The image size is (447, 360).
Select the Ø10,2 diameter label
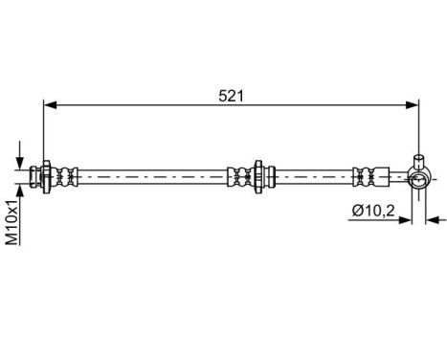(x=372, y=211)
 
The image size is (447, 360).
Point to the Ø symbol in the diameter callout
(x=357, y=211)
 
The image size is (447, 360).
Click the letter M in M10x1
(x=12, y=239)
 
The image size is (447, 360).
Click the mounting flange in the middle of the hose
(x=256, y=175)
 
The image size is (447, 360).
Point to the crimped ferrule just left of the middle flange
(x=235, y=175)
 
